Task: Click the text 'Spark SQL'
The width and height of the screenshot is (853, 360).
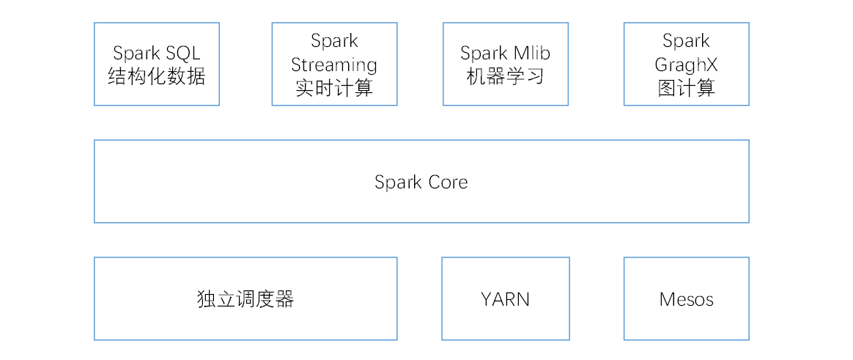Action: click(156, 53)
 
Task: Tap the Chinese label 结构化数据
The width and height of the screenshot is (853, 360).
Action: click(156, 76)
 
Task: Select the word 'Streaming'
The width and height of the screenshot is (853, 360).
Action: click(334, 65)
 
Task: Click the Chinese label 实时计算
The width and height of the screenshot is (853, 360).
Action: click(334, 88)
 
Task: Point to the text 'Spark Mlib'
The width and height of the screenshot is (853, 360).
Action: click(505, 53)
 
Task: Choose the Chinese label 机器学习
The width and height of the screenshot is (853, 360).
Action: click(505, 76)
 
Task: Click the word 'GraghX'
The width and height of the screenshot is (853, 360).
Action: click(686, 65)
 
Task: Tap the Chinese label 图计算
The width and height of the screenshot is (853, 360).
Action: click(686, 88)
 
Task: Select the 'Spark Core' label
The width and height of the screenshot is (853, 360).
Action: click(421, 182)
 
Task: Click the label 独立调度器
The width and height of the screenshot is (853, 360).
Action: click(245, 299)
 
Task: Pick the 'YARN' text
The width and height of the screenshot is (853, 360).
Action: click(505, 299)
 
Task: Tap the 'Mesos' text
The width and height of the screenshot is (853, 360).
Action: click(686, 299)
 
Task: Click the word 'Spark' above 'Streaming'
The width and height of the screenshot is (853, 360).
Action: click(334, 41)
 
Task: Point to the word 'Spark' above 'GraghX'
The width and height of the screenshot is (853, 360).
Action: click(686, 41)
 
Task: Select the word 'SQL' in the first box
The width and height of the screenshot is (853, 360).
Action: click(182, 53)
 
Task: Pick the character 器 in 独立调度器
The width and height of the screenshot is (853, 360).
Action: click(284, 299)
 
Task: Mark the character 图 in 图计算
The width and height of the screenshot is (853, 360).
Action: click(666, 88)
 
